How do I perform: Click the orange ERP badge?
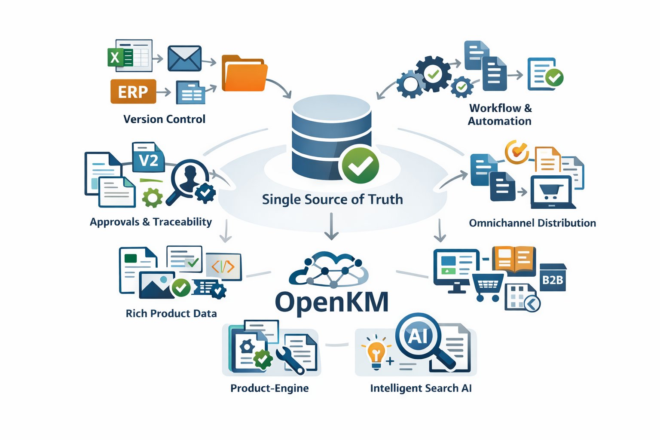coord(133,91)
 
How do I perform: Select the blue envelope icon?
coord(184,58)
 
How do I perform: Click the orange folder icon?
coord(244,74)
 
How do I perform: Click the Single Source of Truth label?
coord(332,199)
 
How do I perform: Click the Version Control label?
coord(164,119)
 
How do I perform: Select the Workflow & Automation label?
coord(500,114)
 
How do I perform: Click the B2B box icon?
coord(553,279)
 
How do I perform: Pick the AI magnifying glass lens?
coord(418,336)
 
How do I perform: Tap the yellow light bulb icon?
coord(376,352)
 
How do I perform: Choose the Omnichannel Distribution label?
coord(532,223)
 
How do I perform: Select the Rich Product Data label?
coord(171,313)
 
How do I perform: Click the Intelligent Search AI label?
coord(421,388)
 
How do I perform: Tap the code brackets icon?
coord(223,266)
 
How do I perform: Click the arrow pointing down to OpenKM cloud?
coord(331,227)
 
